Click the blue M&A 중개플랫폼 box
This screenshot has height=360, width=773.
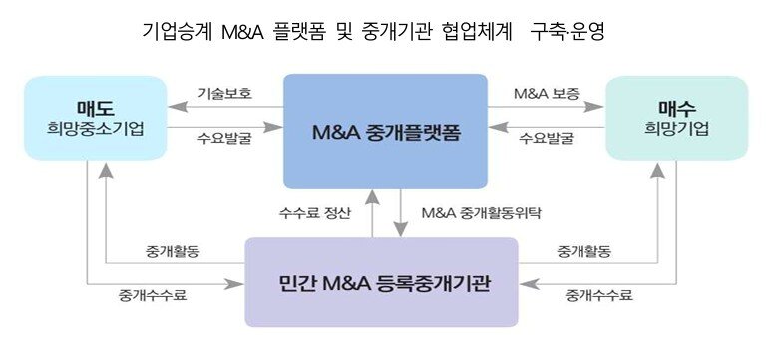(386, 131)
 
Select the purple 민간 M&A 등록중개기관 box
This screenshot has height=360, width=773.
(381, 282)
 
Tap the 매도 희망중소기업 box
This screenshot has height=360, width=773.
(96, 118)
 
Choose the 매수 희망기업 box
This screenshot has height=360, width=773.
(676, 118)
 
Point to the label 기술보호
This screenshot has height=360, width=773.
(225, 93)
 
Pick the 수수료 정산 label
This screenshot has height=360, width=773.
(315, 212)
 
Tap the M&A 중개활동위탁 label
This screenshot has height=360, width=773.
(472, 212)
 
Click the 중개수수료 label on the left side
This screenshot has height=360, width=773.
(153, 295)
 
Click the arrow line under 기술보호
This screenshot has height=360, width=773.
(225, 105)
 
